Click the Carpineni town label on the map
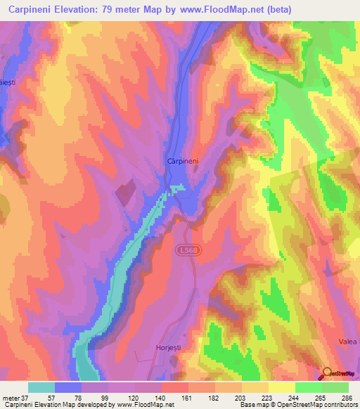pos(183,161)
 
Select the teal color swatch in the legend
pos(41,387)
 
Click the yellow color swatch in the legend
pos(282,387)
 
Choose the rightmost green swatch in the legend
pos(335,387)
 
